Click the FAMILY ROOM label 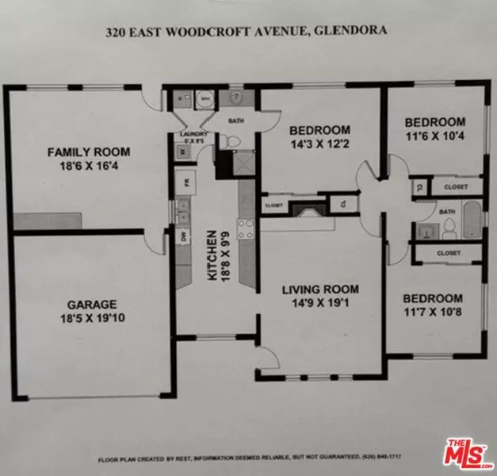pos(88,152)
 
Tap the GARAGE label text pos(92,304)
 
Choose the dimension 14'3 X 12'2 pos(319,144)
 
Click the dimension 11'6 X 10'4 pos(434,136)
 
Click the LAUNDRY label pos(193,134)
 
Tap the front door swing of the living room pos(266,356)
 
